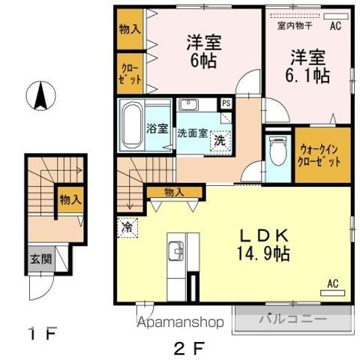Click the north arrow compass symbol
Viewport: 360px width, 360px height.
[x=40, y=96]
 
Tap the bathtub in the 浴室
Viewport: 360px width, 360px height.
[x=131, y=125]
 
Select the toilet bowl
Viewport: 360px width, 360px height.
[x=277, y=151]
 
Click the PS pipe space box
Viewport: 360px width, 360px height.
[x=226, y=103]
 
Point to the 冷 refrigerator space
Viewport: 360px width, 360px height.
[x=127, y=227]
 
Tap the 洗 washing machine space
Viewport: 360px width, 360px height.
[x=220, y=141]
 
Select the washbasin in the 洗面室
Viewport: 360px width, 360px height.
[x=189, y=105]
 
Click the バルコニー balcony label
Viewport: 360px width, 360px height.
[x=293, y=319]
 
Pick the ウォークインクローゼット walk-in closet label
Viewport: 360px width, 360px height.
[x=319, y=155]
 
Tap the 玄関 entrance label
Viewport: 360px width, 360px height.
[x=41, y=259]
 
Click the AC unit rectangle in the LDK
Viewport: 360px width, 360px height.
[x=332, y=293]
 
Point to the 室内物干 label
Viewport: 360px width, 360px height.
[x=295, y=25]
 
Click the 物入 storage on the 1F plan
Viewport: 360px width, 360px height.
[x=70, y=200]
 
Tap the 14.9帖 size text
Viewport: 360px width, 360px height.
[x=263, y=254]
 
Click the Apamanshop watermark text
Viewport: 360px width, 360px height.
[x=180, y=322]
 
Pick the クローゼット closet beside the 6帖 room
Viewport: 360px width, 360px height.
[x=130, y=73]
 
